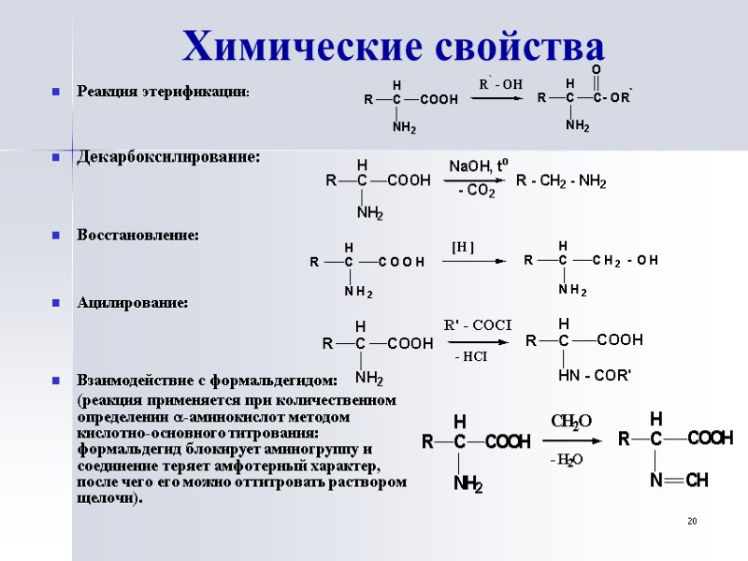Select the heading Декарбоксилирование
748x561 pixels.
click(168, 156)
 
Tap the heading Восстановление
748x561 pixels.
click(137, 235)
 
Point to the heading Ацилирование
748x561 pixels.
click(132, 303)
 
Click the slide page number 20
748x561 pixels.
click(692, 521)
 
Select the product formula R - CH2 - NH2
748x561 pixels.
click(561, 180)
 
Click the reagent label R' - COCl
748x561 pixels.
click(477, 325)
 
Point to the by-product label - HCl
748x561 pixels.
click(470, 356)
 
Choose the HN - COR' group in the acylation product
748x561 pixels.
click(595, 376)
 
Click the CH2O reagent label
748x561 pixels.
click(570, 423)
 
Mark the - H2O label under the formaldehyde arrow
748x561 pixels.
click(567, 459)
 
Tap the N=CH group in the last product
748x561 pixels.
click(680, 480)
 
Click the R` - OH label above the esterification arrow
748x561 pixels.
click(501, 84)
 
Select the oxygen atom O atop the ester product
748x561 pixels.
click(597, 70)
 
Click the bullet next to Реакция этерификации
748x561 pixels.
click(57, 92)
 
